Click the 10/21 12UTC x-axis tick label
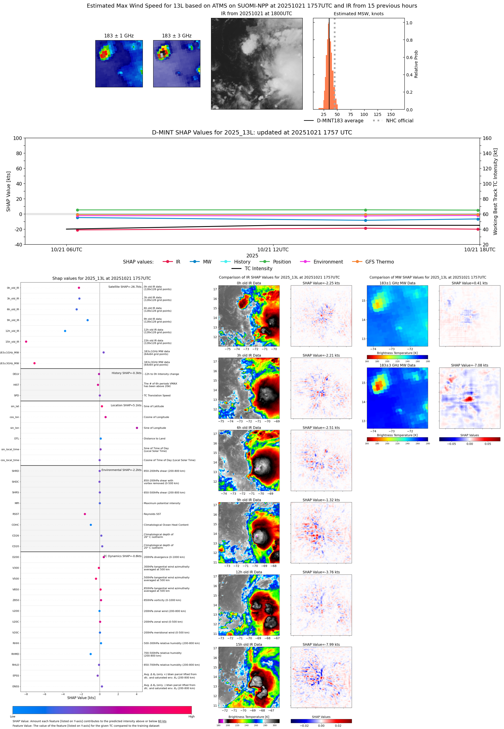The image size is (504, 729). pyautogui.click(x=273, y=249)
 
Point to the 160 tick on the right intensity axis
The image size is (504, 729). pyautogui.click(x=487, y=138)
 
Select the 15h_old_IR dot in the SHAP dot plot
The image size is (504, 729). pyautogui.click(x=26, y=342)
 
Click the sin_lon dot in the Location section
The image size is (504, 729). pyautogui.click(x=137, y=428)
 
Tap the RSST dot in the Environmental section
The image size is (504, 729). pyautogui.click(x=85, y=514)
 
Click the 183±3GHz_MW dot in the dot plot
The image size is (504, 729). pyautogui.click(x=34, y=363)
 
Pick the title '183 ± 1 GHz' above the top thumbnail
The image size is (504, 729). pyautogui.click(x=119, y=36)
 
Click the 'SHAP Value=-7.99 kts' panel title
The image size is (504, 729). pyautogui.click(x=321, y=644)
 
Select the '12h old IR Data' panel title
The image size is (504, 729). pyautogui.click(x=249, y=572)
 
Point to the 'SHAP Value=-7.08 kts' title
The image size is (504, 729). pyautogui.click(x=469, y=365)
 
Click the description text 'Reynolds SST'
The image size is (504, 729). pyautogui.click(x=152, y=514)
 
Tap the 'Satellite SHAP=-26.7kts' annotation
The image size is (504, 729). pyautogui.click(x=125, y=287)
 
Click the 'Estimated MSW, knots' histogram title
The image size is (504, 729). pyautogui.click(x=358, y=14)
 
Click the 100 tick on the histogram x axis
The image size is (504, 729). pyautogui.click(x=364, y=114)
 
